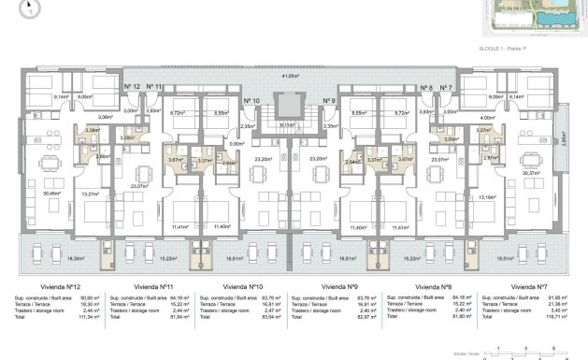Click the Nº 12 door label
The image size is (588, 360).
pyautogui.click(x=132, y=86)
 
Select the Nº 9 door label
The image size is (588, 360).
pyautogui.click(x=328, y=100)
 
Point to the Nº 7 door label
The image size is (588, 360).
pyautogui.click(x=445, y=86)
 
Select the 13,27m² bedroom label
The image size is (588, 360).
pyautogui.click(x=90, y=194)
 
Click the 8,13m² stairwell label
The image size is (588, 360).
pyautogui.click(x=288, y=123)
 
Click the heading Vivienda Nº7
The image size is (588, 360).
pyautogui.click(x=528, y=287)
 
